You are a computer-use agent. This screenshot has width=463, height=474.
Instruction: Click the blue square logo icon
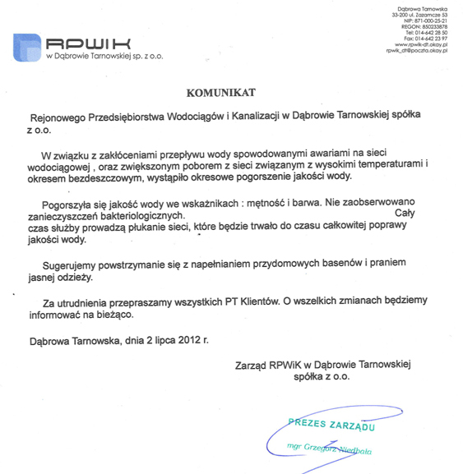coord(27,47)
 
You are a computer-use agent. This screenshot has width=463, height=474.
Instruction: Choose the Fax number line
coord(428,38)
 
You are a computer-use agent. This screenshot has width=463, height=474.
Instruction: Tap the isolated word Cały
coord(405,213)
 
